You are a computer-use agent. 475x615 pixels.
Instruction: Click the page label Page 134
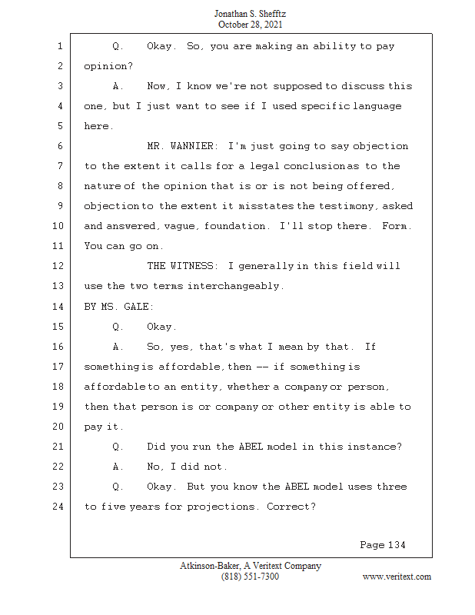pos(382,545)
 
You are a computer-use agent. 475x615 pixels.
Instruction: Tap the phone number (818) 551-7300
pos(250,577)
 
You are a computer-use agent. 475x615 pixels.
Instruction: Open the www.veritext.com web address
pos(397,577)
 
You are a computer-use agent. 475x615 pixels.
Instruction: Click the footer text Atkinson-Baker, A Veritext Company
pos(251,566)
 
